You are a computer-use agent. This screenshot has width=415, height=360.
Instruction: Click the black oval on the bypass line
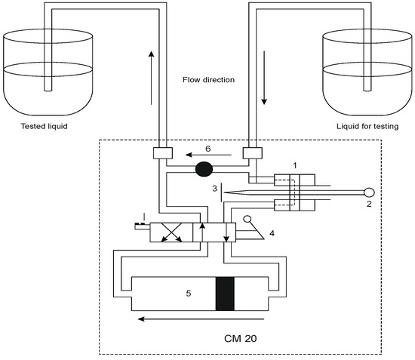(204, 168)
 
